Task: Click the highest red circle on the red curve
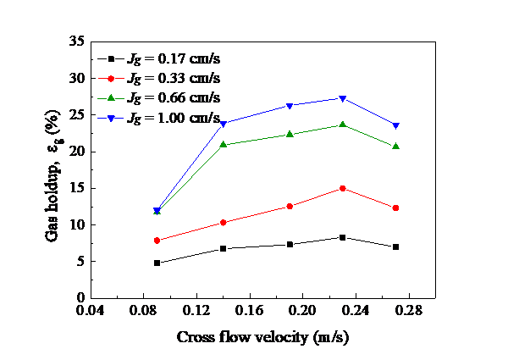pos(342,188)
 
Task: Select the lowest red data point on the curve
pos(157,241)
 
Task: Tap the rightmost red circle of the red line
pos(395,208)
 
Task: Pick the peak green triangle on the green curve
pos(342,125)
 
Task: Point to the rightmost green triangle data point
pos(395,147)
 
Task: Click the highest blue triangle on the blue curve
pos(342,99)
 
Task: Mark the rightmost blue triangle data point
pos(395,125)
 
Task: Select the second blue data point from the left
pos(223,124)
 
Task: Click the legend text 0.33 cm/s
pos(188,78)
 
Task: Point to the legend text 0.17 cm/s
pos(188,58)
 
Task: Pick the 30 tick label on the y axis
pos(78,78)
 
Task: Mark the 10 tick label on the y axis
pos(78,224)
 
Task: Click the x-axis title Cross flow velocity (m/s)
pos(262,336)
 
